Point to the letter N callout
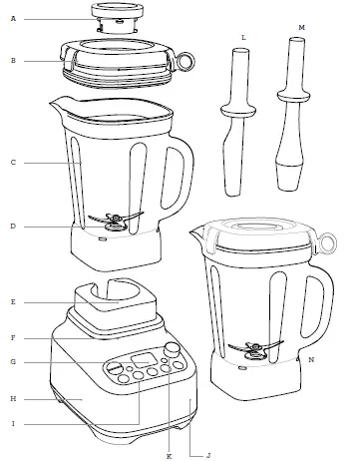312,358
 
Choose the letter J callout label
207,454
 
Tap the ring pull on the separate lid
185,63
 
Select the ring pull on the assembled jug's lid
327,239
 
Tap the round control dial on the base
173,351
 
